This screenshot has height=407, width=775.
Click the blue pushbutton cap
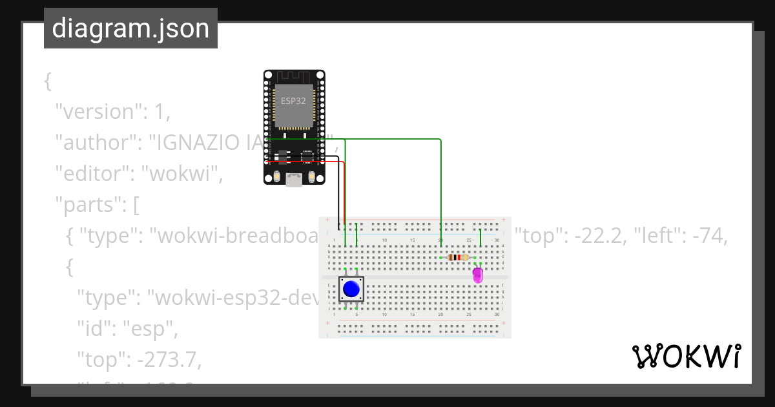pyautogui.click(x=351, y=289)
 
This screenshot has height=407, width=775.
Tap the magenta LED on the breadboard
pyautogui.click(x=477, y=275)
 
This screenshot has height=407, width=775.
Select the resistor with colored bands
pyautogui.click(x=457, y=257)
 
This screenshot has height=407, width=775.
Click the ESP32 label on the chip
pyautogui.click(x=293, y=101)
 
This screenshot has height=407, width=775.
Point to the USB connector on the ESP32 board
pyautogui.click(x=294, y=180)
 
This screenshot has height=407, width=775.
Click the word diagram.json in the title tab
pyautogui.click(x=130, y=28)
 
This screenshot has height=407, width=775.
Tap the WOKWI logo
pyautogui.click(x=687, y=357)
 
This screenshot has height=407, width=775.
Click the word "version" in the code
pyautogui.click(x=94, y=112)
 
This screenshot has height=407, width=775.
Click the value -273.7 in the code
pyautogui.click(x=170, y=361)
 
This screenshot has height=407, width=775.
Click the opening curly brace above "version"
pyautogui.click(x=47, y=81)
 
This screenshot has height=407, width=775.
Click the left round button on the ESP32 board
pyautogui.click(x=276, y=178)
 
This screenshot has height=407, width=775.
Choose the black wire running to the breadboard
pyautogui.click(x=339, y=194)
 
